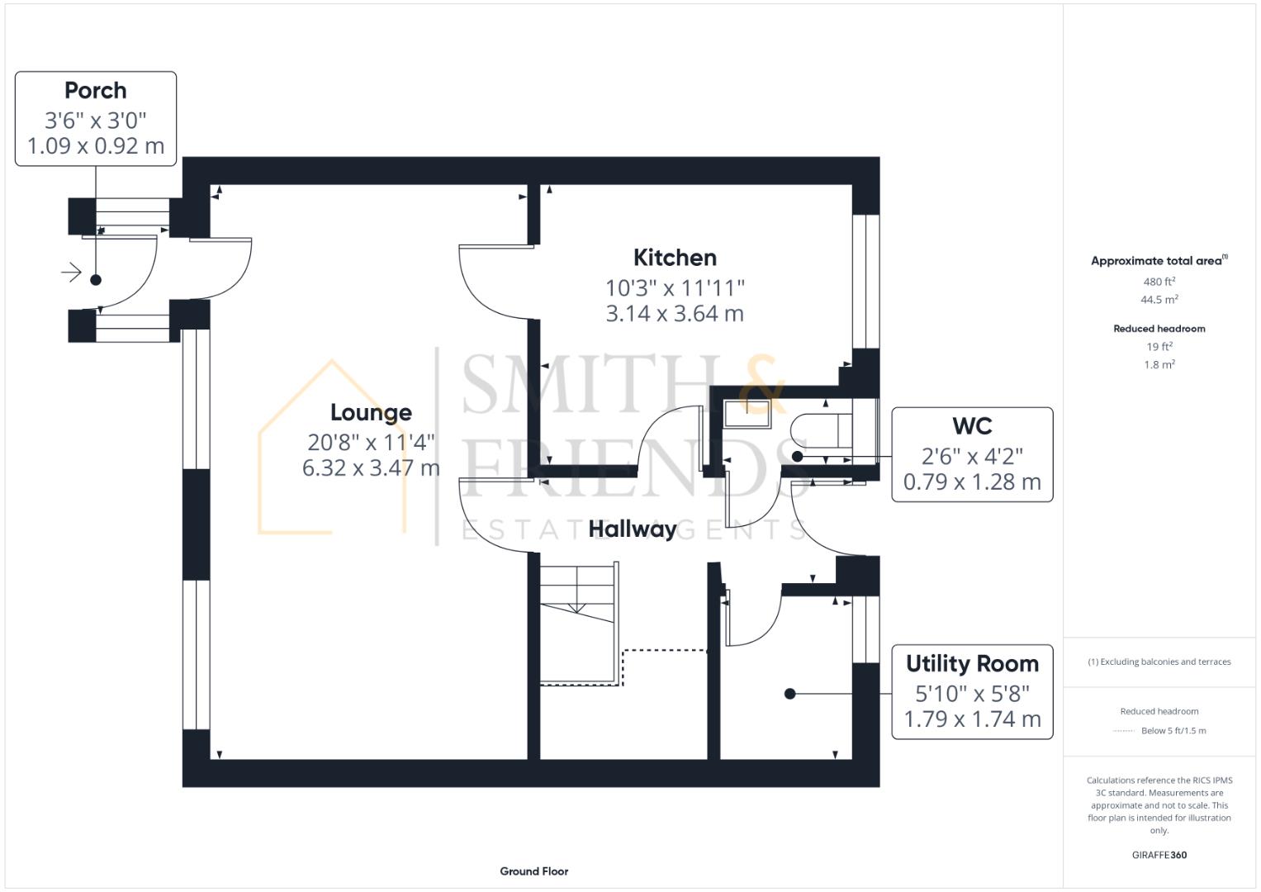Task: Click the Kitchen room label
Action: click(675, 258)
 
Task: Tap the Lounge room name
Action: click(371, 412)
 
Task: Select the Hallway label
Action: click(633, 529)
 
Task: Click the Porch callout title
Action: click(96, 90)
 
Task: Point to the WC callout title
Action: click(972, 426)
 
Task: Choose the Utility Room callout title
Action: click(972, 663)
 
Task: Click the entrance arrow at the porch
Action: click(72, 272)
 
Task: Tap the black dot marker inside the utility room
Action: click(789, 694)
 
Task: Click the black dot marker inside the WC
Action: click(797, 456)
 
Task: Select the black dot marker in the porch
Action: click(96, 280)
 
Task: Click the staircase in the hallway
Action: click(579, 623)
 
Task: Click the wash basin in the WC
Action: click(747, 413)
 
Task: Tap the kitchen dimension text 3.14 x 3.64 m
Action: click(675, 314)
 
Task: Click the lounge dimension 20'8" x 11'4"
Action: click(371, 442)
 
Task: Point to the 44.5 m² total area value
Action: click(1159, 300)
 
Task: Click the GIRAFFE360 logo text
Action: click(1159, 855)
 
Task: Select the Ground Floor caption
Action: click(533, 871)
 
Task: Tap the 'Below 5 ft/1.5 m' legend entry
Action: click(1173, 730)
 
